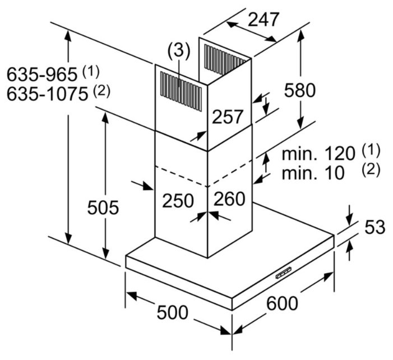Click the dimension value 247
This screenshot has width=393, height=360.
pos(263,20)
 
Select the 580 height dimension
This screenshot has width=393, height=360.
pos(300,89)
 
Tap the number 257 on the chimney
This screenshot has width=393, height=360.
pos(228,117)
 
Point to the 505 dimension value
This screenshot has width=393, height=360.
pos(103,207)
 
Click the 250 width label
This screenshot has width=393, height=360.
pos(178,200)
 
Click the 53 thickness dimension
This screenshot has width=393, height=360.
pos(375,227)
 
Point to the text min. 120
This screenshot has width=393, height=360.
pos(318,153)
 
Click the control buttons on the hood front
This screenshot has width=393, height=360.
pos(283,272)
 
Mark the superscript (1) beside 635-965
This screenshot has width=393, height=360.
pos(90,71)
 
